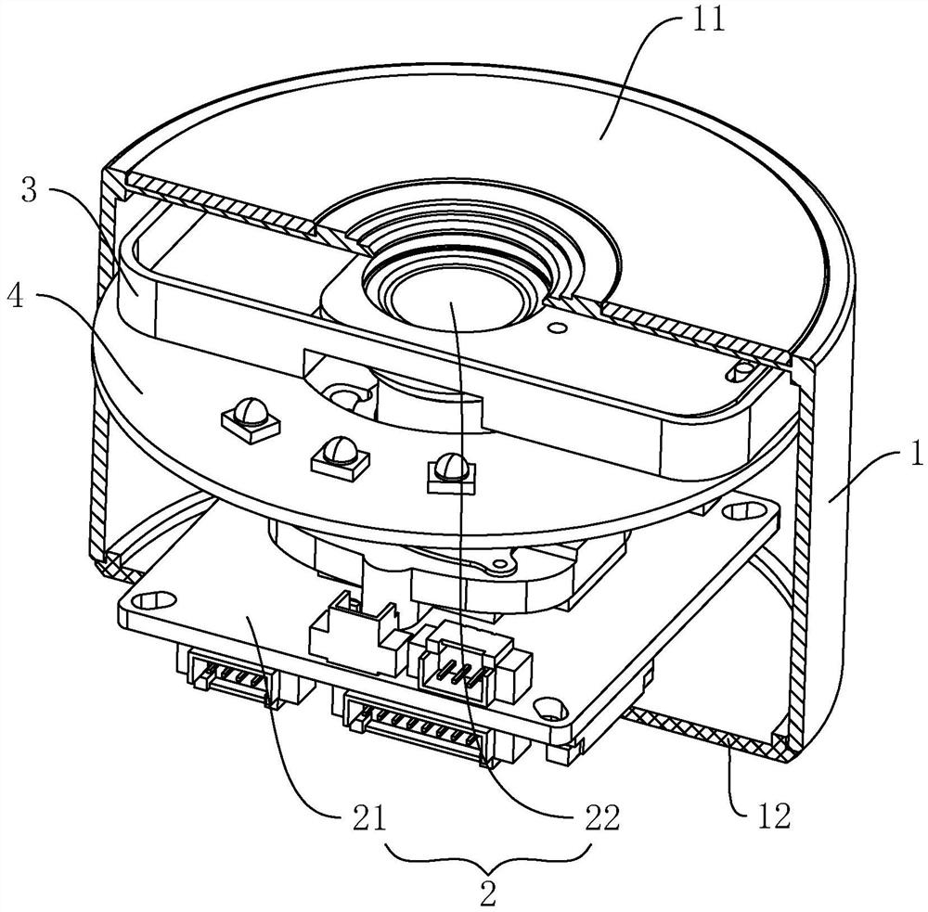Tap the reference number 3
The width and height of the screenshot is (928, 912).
(29, 191)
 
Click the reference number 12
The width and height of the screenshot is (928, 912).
(772, 816)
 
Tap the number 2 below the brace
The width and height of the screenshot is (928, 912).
(488, 894)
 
